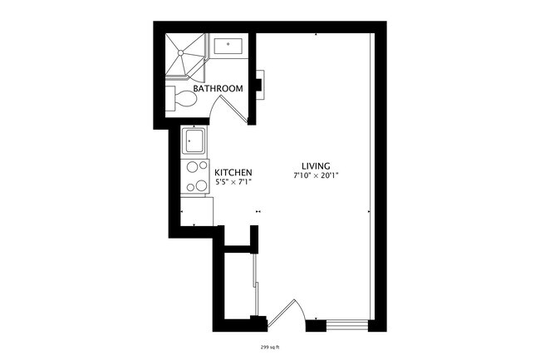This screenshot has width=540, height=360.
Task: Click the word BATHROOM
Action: click(x=218, y=88)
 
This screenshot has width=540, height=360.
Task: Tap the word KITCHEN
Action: click(x=233, y=172)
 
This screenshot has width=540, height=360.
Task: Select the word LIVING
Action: click(x=317, y=165)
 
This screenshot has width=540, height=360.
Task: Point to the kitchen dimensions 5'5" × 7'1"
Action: click(x=233, y=181)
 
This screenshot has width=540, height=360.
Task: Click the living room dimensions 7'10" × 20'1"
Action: click(x=317, y=175)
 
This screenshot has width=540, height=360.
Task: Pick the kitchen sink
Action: click(x=196, y=141)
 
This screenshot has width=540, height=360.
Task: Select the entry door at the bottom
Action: click(x=287, y=311)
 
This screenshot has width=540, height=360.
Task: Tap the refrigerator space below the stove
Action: click(x=197, y=211)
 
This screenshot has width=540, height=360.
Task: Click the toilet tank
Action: click(x=170, y=100)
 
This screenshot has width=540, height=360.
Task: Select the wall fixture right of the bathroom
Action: click(x=259, y=83)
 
